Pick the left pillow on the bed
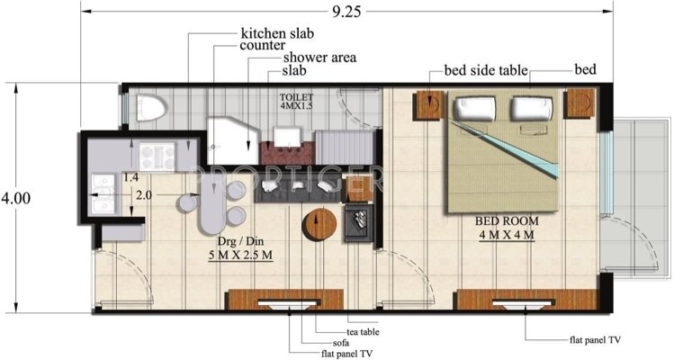coord(473,109)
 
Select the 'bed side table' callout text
coord(485,70)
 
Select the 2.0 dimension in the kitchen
coord(143,194)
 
